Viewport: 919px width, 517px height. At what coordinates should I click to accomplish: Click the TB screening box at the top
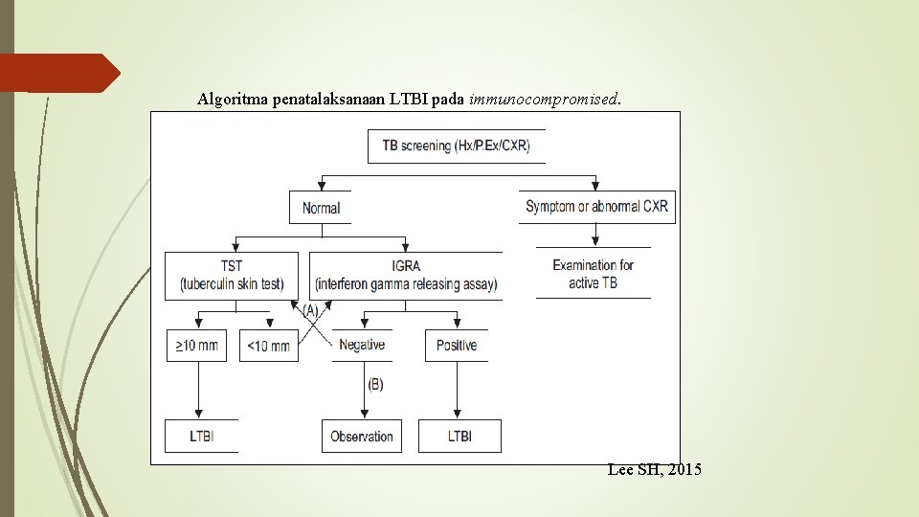456,146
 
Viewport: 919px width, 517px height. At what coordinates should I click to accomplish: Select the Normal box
321,208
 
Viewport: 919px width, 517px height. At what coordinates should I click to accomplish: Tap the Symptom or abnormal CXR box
597,207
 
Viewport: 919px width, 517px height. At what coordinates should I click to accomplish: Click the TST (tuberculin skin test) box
231,275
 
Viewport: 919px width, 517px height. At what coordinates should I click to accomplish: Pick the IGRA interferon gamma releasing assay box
406,275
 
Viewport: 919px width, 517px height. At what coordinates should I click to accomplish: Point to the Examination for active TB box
593,274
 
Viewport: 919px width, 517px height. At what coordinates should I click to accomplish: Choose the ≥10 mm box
197,346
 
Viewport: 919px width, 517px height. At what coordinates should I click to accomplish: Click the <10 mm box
268,346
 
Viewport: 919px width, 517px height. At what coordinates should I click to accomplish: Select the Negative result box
362,345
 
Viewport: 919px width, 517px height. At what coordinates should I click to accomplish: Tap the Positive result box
456,345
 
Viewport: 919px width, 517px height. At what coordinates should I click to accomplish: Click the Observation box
362,437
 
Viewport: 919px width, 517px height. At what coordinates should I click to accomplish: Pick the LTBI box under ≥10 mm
201,437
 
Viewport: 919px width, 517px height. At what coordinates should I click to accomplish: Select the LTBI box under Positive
459,437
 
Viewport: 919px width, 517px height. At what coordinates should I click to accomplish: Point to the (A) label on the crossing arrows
311,311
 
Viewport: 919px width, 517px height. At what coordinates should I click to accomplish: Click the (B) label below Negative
375,384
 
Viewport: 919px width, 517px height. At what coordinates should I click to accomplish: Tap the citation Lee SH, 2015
654,470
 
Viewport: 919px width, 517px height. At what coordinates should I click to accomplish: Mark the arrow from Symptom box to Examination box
596,236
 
